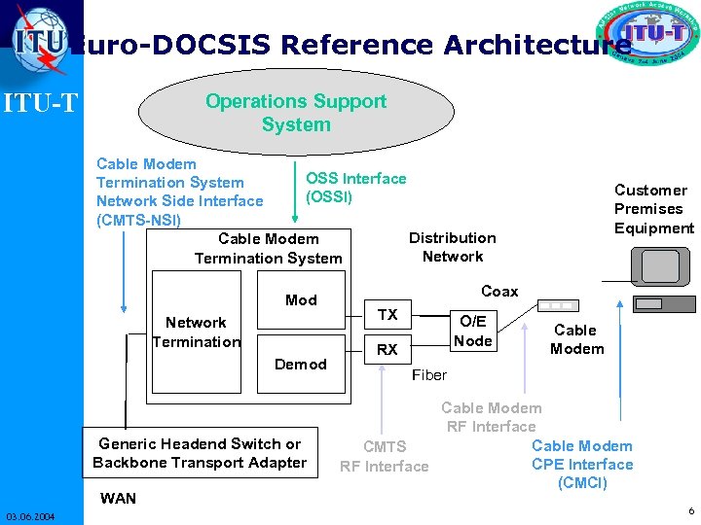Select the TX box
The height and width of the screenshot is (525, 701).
pyautogui.click(x=387, y=314)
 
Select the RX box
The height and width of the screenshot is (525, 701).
pyautogui.click(x=387, y=349)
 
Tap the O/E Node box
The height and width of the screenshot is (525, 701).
pyautogui.click(x=473, y=331)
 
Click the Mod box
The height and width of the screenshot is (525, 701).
pyautogui.click(x=301, y=300)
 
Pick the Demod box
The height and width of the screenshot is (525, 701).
pyautogui.click(x=301, y=364)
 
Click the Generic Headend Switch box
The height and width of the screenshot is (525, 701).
pyautogui.click(x=200, y=453)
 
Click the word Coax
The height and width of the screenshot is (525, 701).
pyautogui.click(x=499, y=292)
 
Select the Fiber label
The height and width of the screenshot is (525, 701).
pyautogui.click(x=429, y=374)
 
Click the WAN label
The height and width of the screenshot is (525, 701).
pyautogui.click(x=119, y=499)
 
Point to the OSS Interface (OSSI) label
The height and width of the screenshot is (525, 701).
pyautogui.click(x=355, y=188)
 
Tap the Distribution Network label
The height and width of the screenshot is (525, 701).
pyautogui.click(x=452, y=247)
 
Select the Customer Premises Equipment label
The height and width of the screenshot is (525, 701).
pyautogui.click(x=653, y=209)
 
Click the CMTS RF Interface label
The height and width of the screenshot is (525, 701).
pyautogui.click(x=384, y=457)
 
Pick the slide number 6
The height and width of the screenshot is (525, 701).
pyautogui.click(x=690, y=510)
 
